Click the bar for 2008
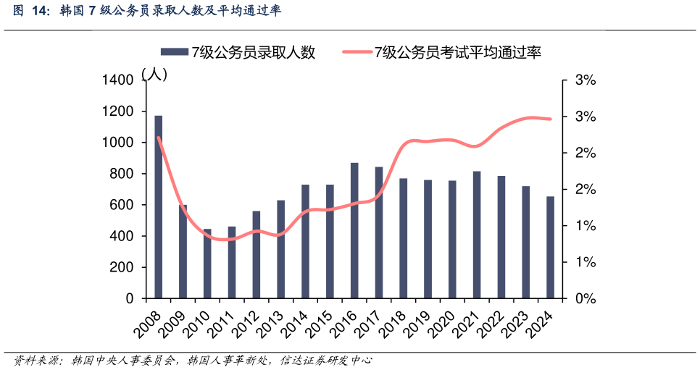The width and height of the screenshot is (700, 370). pos(158,207)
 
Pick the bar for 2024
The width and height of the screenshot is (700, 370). pos(550,248)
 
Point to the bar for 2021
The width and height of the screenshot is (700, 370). pos(477,235)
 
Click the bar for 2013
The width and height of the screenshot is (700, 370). pos(280,249)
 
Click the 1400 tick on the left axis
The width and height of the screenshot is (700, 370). pos(118,80)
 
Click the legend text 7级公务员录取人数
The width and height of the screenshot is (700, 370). pos(253,52)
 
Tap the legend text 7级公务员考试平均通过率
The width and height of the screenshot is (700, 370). pos(457,52)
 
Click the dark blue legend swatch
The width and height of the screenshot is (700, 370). pos(173,52)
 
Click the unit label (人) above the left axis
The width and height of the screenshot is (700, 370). pos(155,73)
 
